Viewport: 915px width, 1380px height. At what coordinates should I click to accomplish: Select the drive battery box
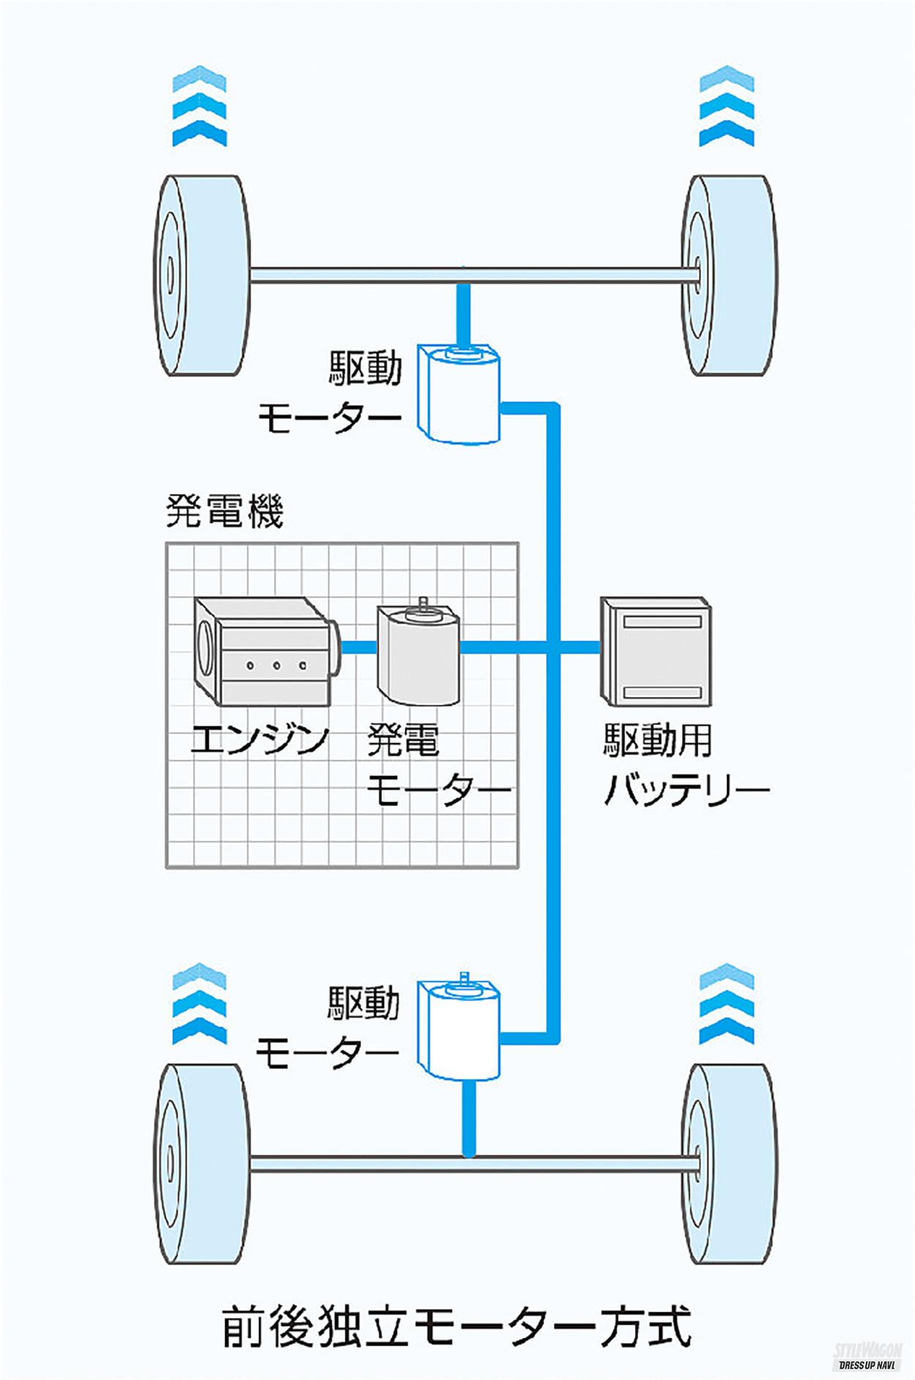656,651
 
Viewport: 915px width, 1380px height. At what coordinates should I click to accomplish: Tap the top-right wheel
729,275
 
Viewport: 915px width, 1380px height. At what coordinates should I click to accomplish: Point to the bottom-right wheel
729,1163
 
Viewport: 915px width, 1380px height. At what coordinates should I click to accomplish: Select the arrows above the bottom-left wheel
200,1003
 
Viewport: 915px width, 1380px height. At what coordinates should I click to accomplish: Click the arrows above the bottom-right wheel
727,1003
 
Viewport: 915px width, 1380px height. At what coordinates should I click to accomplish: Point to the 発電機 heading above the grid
224,511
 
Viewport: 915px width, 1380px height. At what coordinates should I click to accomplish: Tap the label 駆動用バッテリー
685,765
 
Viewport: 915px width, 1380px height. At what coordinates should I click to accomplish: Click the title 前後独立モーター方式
457,1324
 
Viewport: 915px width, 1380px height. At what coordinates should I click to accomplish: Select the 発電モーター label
438,765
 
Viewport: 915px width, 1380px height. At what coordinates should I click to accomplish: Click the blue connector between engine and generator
359,647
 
